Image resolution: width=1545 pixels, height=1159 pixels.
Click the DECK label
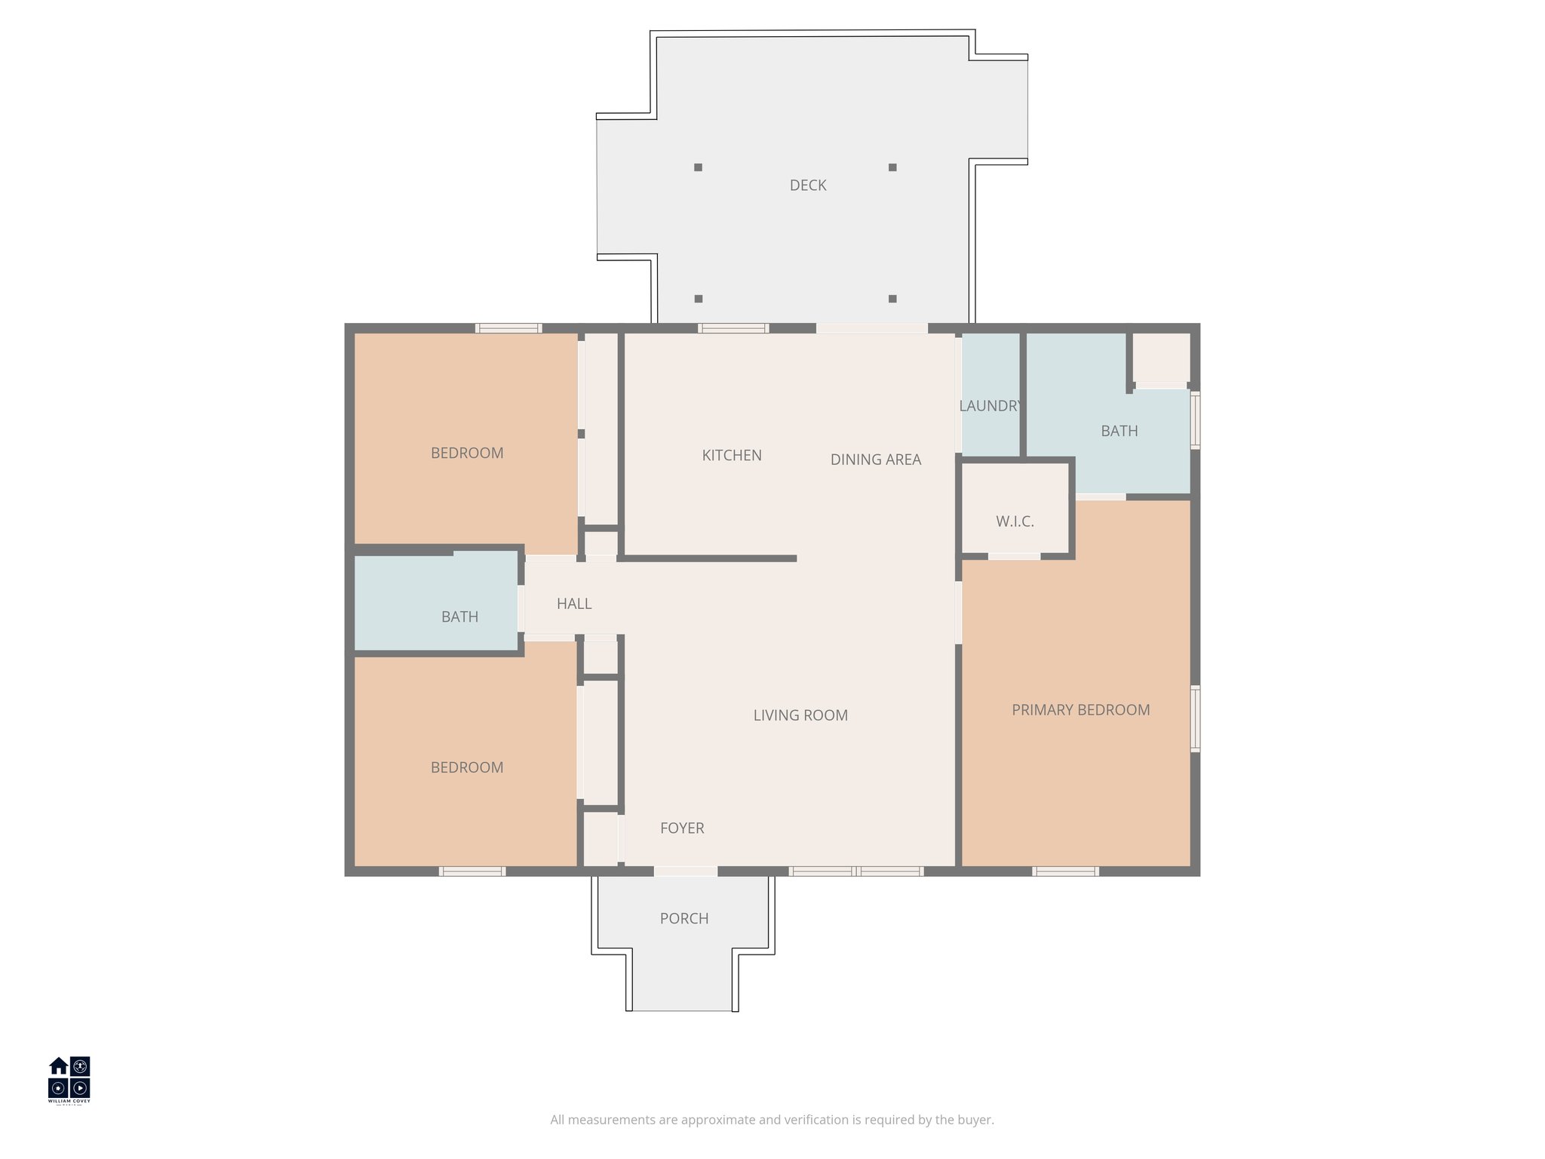point(808,186)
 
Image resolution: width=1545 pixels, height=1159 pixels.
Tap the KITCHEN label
point(732,456)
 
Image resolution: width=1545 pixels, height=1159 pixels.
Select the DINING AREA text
point(875,460)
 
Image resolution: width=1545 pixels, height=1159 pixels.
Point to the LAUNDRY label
point(990,406)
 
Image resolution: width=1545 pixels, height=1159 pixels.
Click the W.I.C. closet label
point(1015,521)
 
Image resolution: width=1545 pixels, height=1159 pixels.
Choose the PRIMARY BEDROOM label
point(1080,710)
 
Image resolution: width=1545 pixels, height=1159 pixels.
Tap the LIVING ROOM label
point(800,715)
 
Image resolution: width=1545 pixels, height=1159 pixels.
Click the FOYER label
point(682,829)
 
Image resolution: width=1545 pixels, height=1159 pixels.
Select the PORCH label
point(684,919)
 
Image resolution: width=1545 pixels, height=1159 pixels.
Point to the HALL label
point(574,604)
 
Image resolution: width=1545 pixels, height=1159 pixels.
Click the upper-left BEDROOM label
point(467,453)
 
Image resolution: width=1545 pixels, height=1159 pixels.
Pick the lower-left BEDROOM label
point(467,768)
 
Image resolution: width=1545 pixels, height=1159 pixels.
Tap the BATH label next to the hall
point(459,617)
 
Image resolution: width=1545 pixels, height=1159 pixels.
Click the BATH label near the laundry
point(1119,432)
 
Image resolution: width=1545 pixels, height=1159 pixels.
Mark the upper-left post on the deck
point(699,168)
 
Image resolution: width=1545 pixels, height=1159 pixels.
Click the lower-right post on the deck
point(892,299)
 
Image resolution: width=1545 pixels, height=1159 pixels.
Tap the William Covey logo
point(69,1080)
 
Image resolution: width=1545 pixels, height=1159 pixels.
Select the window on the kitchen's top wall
point(733,328)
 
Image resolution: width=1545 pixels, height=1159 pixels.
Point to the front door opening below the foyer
point(685,872)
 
